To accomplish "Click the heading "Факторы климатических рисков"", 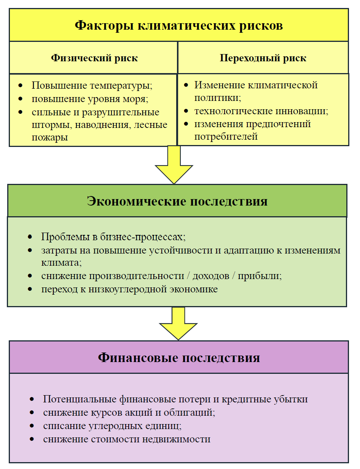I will (178, 25).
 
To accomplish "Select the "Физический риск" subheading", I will (94, 58).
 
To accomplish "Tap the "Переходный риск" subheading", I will (263, 58).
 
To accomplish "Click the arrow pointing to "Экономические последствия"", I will (174, 165).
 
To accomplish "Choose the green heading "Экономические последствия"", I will (177, 201).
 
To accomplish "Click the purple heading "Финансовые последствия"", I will (179, 357).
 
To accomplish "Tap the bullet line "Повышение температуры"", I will (92, 85).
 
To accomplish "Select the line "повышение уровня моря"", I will (89, 99).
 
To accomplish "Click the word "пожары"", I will (49, 137).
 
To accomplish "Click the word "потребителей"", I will (226, 136).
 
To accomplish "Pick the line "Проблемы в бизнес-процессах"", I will (113, 236).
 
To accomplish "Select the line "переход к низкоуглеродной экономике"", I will (129, 289).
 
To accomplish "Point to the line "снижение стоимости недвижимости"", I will (127, 439).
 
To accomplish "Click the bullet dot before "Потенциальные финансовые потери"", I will (33, 399).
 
